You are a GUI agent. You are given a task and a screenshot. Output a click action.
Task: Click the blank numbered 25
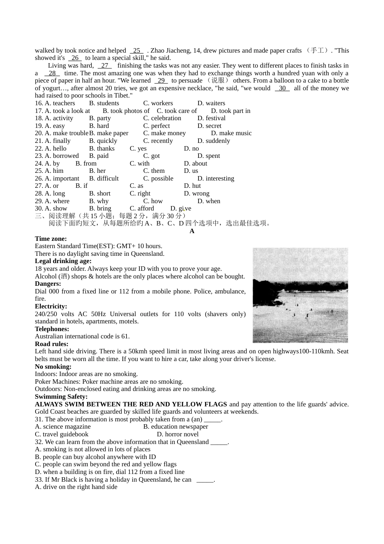point(137,51)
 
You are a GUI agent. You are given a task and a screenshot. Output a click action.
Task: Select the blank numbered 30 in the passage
point(282,88)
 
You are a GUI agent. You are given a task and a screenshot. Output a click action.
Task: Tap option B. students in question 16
point(104,103)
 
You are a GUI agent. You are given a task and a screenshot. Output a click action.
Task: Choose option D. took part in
point(230,111)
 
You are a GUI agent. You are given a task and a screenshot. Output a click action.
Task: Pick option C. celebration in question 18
point(162,118)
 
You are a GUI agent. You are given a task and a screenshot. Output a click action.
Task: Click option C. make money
point(165,133)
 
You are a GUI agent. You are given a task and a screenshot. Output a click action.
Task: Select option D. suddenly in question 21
point(213,141)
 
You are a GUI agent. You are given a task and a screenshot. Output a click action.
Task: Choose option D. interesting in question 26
point(215,178)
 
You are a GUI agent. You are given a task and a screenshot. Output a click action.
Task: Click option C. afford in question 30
point(141,208)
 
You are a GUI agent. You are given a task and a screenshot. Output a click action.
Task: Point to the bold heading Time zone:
point(51,239)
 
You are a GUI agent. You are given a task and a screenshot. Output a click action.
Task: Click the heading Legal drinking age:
point(63,261)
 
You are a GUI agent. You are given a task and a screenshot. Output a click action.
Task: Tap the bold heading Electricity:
point(51,306)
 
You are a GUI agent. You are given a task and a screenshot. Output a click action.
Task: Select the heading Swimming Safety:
point(61,397)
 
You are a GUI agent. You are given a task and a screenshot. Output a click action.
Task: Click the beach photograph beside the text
point(300,295)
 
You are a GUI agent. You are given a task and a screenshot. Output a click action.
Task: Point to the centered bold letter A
point(192,231)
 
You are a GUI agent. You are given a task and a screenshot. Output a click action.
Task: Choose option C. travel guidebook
point(61,434)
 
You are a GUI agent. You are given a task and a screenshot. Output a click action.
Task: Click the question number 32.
point(39,442)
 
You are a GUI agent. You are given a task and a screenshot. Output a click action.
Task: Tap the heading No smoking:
point(53,367)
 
